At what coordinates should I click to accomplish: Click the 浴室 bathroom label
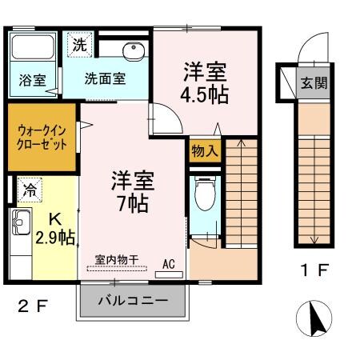[31, 80]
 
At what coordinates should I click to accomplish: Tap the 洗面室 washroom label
[105, 79]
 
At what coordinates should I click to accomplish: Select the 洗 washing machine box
[79, 45]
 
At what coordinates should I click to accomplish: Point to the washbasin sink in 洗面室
[131, 52]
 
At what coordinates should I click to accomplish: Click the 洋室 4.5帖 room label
[206, 84]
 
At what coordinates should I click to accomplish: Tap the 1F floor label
[313, 270]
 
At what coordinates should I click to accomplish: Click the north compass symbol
[314, 320]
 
